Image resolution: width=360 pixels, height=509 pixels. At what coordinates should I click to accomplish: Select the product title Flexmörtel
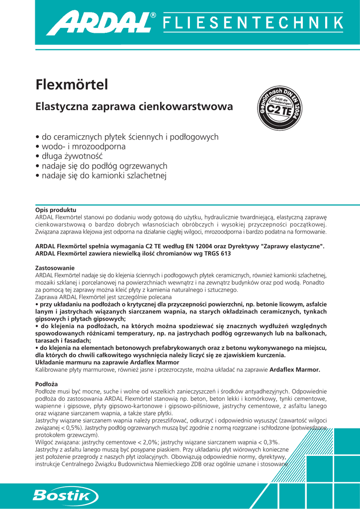point(72,85)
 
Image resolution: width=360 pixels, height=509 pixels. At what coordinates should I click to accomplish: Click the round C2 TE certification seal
point(279,109)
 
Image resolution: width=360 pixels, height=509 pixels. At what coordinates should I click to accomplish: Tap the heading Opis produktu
point(55,210)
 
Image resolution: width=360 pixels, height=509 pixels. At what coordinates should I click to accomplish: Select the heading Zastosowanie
point(55,268)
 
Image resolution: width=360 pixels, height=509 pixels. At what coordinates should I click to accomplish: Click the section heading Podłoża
point(47,384)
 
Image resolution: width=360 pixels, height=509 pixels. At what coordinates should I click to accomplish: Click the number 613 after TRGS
point(225,254)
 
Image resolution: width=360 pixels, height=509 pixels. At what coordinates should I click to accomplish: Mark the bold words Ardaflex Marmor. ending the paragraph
point(295,370)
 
